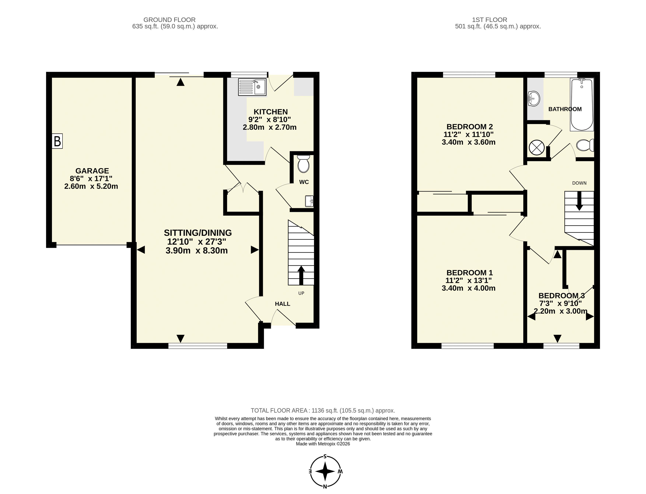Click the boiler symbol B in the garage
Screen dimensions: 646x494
pos(57,141)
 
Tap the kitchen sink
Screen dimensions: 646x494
pos(252,87)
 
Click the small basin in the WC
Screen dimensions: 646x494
pos(309,201)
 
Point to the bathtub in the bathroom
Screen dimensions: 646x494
pos(582,104)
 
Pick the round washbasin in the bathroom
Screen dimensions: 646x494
pos(534,99)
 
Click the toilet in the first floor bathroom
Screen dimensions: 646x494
pos(585,145)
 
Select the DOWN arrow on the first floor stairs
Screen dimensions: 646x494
pos(579,201)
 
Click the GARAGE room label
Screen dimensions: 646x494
pos(92,171)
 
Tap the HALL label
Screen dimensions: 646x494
pos(283,304)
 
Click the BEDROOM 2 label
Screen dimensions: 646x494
pos(470,127)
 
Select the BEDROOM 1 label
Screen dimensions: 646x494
pos(470,273)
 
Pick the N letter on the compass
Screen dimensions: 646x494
pos(325,486)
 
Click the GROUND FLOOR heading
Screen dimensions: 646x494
pos(169,20)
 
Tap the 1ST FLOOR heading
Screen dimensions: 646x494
pos(489,20)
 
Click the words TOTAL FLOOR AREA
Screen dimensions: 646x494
pos(279,410)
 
